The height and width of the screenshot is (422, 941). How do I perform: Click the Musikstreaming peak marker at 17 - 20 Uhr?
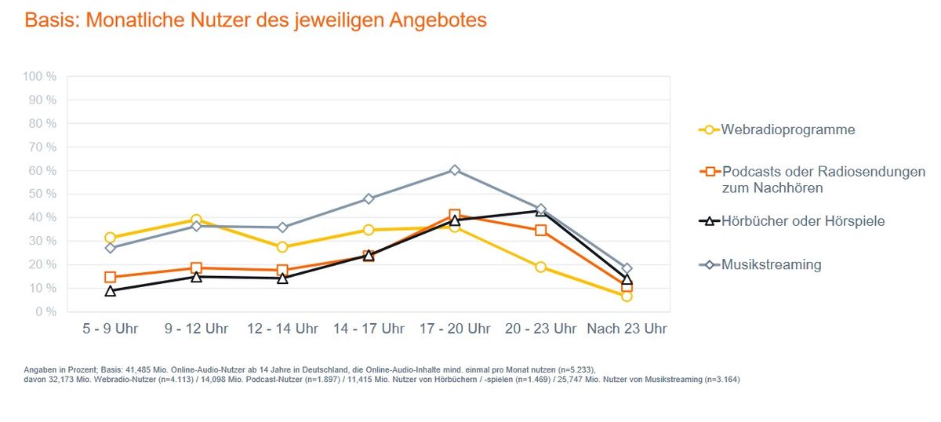point(455,170)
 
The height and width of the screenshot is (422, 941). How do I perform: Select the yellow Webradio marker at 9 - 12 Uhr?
point(196,220)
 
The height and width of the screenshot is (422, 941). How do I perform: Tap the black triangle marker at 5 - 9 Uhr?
point(110,291)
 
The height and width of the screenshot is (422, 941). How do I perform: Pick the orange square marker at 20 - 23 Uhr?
point(540,231)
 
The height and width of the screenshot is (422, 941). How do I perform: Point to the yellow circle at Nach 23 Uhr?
point(627,296)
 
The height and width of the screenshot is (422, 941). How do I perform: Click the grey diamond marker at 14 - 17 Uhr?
point(369,198)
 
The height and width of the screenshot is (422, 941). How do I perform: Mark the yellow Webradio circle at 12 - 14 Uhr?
point(282,247)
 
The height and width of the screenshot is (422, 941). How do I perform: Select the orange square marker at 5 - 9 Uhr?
point(110,277)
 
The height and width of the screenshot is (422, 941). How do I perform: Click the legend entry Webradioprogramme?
point(787,129)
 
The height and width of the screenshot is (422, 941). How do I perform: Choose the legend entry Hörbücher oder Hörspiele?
point(803,221)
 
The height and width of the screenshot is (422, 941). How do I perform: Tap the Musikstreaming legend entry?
point(771,265)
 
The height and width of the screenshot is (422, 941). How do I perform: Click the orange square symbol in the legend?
point(710,172)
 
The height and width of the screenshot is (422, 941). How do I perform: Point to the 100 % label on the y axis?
point(39,77)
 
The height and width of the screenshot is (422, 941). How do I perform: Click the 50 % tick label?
point(42,194)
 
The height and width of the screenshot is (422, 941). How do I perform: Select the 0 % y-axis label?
point(45,311)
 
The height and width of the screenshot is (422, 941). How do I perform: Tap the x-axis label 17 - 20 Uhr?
point(455,329)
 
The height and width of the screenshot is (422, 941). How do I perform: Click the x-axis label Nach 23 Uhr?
point(627,329)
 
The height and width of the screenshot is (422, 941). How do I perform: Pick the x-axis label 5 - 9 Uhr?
point(110,329)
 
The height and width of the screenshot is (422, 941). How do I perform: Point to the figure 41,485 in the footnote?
point(138,370)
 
